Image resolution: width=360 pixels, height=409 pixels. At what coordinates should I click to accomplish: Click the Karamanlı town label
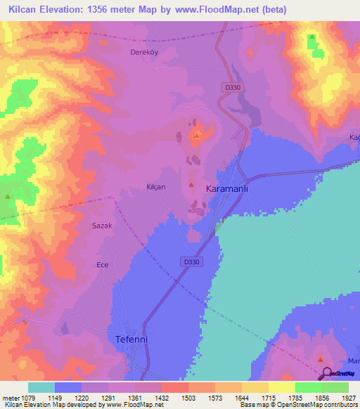(x=229, y=190)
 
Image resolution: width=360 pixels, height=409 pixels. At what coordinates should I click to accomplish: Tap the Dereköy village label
(x=142, y=53)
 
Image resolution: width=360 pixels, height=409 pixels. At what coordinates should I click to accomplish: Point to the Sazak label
(x=103, y=226)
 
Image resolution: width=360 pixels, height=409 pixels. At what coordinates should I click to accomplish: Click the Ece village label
(x=102, y=265)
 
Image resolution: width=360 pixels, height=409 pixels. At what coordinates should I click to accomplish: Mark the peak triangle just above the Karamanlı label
(x=191, y=184)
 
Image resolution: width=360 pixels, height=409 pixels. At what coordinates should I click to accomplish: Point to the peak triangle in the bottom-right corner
(x=320, y=359)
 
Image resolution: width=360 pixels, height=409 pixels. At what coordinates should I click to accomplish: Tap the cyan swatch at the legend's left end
(x=41, y=387)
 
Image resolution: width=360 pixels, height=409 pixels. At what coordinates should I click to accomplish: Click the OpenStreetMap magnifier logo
(x=327, y=373)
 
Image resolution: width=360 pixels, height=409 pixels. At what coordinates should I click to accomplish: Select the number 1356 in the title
(x=102, y=9)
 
